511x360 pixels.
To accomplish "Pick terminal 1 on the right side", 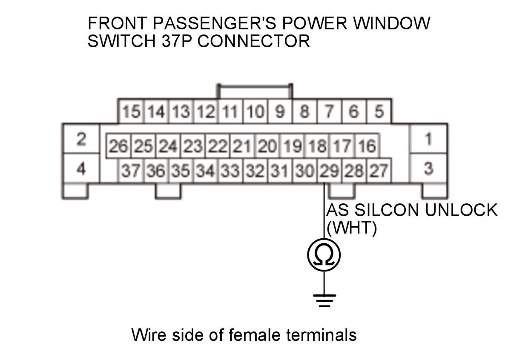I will [x=428, y=139].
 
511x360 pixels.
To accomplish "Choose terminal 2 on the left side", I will [x=81, y=139].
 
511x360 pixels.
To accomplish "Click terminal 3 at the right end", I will [x=428, y=169].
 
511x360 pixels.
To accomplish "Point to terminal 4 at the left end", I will [x=81, y=169].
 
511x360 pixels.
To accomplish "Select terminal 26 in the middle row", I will [x=118, y=147].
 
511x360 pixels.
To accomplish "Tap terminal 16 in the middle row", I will [x=367, y=147].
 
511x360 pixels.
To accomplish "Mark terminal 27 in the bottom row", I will [x=379, y=171].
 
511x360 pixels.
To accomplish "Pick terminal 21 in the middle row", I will [x=242, y=147].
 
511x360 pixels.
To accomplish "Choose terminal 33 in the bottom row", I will [x=230, y=171].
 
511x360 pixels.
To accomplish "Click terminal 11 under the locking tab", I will [x=230, y=112].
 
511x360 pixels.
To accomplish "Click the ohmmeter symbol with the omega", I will [x=324, y=255].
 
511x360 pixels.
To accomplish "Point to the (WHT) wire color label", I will [x=352, y=229].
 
